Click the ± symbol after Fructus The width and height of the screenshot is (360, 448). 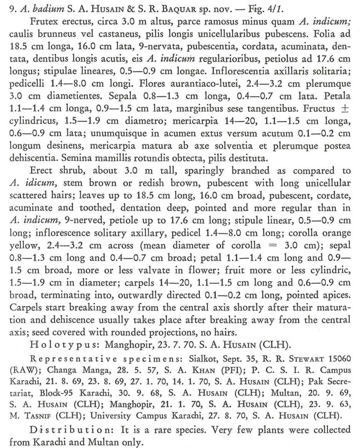[x=346, y=108]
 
